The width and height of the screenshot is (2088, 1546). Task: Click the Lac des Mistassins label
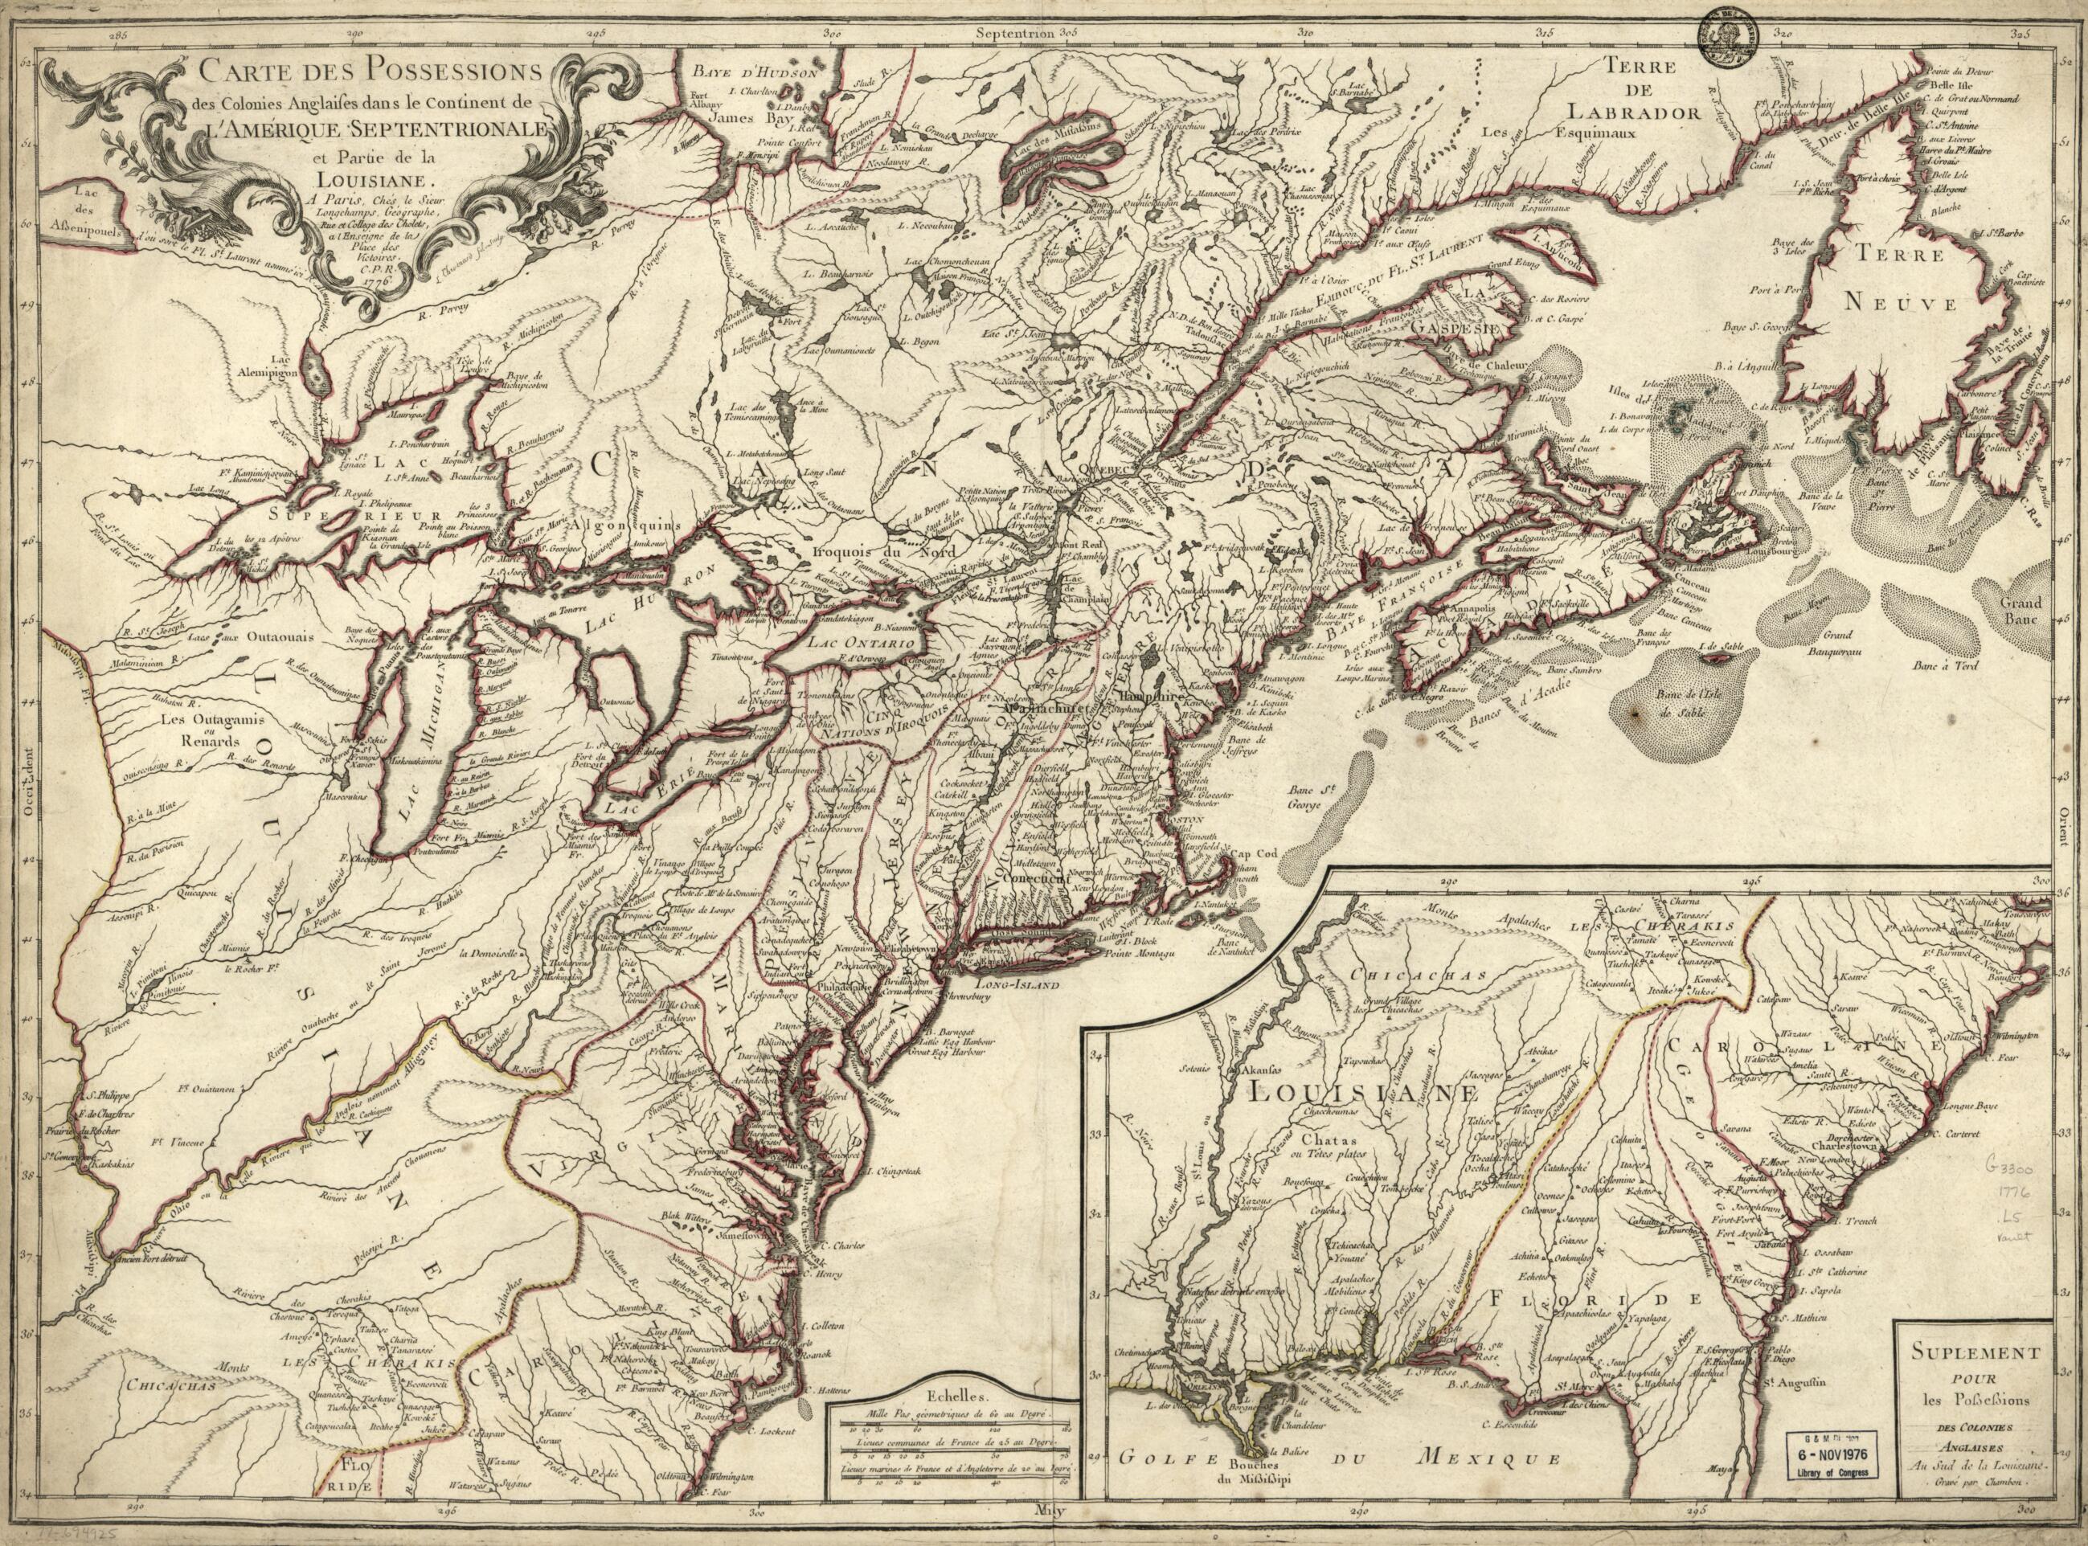tap(1063, 137)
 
